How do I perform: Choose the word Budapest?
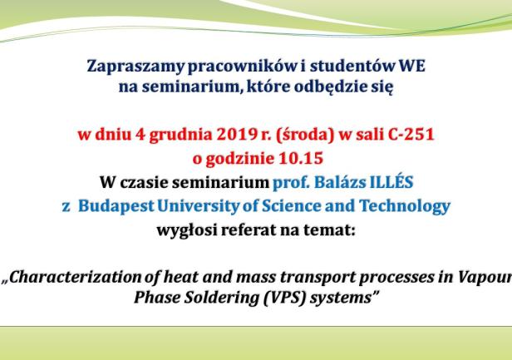point(116,206)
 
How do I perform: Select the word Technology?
point(405,206)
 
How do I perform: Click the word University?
point(198,206)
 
